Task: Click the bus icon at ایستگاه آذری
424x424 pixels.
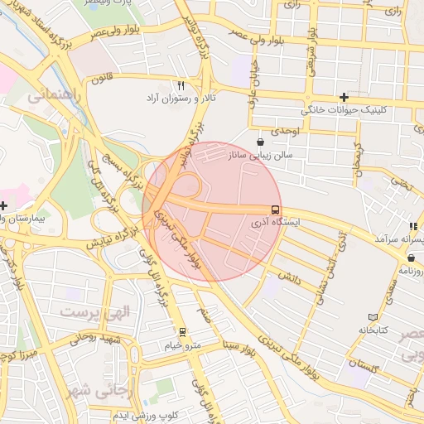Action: tap(275, 210)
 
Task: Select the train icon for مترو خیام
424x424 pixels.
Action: tap(182, 332)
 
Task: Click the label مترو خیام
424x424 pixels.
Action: tap(182, 344)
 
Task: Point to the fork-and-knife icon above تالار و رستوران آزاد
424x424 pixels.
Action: tap(181, 85)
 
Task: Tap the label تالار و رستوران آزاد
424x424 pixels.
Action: tap(181, 98)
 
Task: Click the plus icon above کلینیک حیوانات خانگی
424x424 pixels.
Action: tap(344, 97)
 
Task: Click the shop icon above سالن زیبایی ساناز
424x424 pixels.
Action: tap(262, 142)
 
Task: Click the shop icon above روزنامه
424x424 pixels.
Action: tap(412, 258)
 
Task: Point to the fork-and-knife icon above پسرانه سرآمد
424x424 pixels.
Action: tap(412, 226)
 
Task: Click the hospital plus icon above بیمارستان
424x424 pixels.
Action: tap(4, 205)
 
